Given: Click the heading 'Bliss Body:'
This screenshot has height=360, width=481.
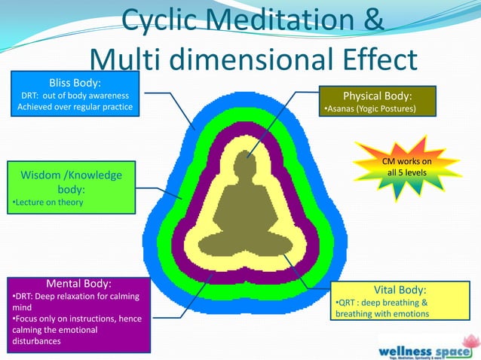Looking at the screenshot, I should [x=74, y=82].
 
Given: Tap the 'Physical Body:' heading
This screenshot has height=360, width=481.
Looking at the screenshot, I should [x=377, y=96].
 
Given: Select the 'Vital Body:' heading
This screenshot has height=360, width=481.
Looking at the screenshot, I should [x=400, y=289].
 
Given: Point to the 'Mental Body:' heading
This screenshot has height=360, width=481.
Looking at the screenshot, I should [x=79, y=283].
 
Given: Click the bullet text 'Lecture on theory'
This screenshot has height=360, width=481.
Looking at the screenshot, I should [x=48, y=203].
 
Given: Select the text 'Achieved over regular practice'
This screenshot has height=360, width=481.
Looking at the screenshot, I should [x=75, y=107].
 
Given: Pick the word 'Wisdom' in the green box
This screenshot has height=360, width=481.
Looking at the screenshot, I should [x=44, y=175].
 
